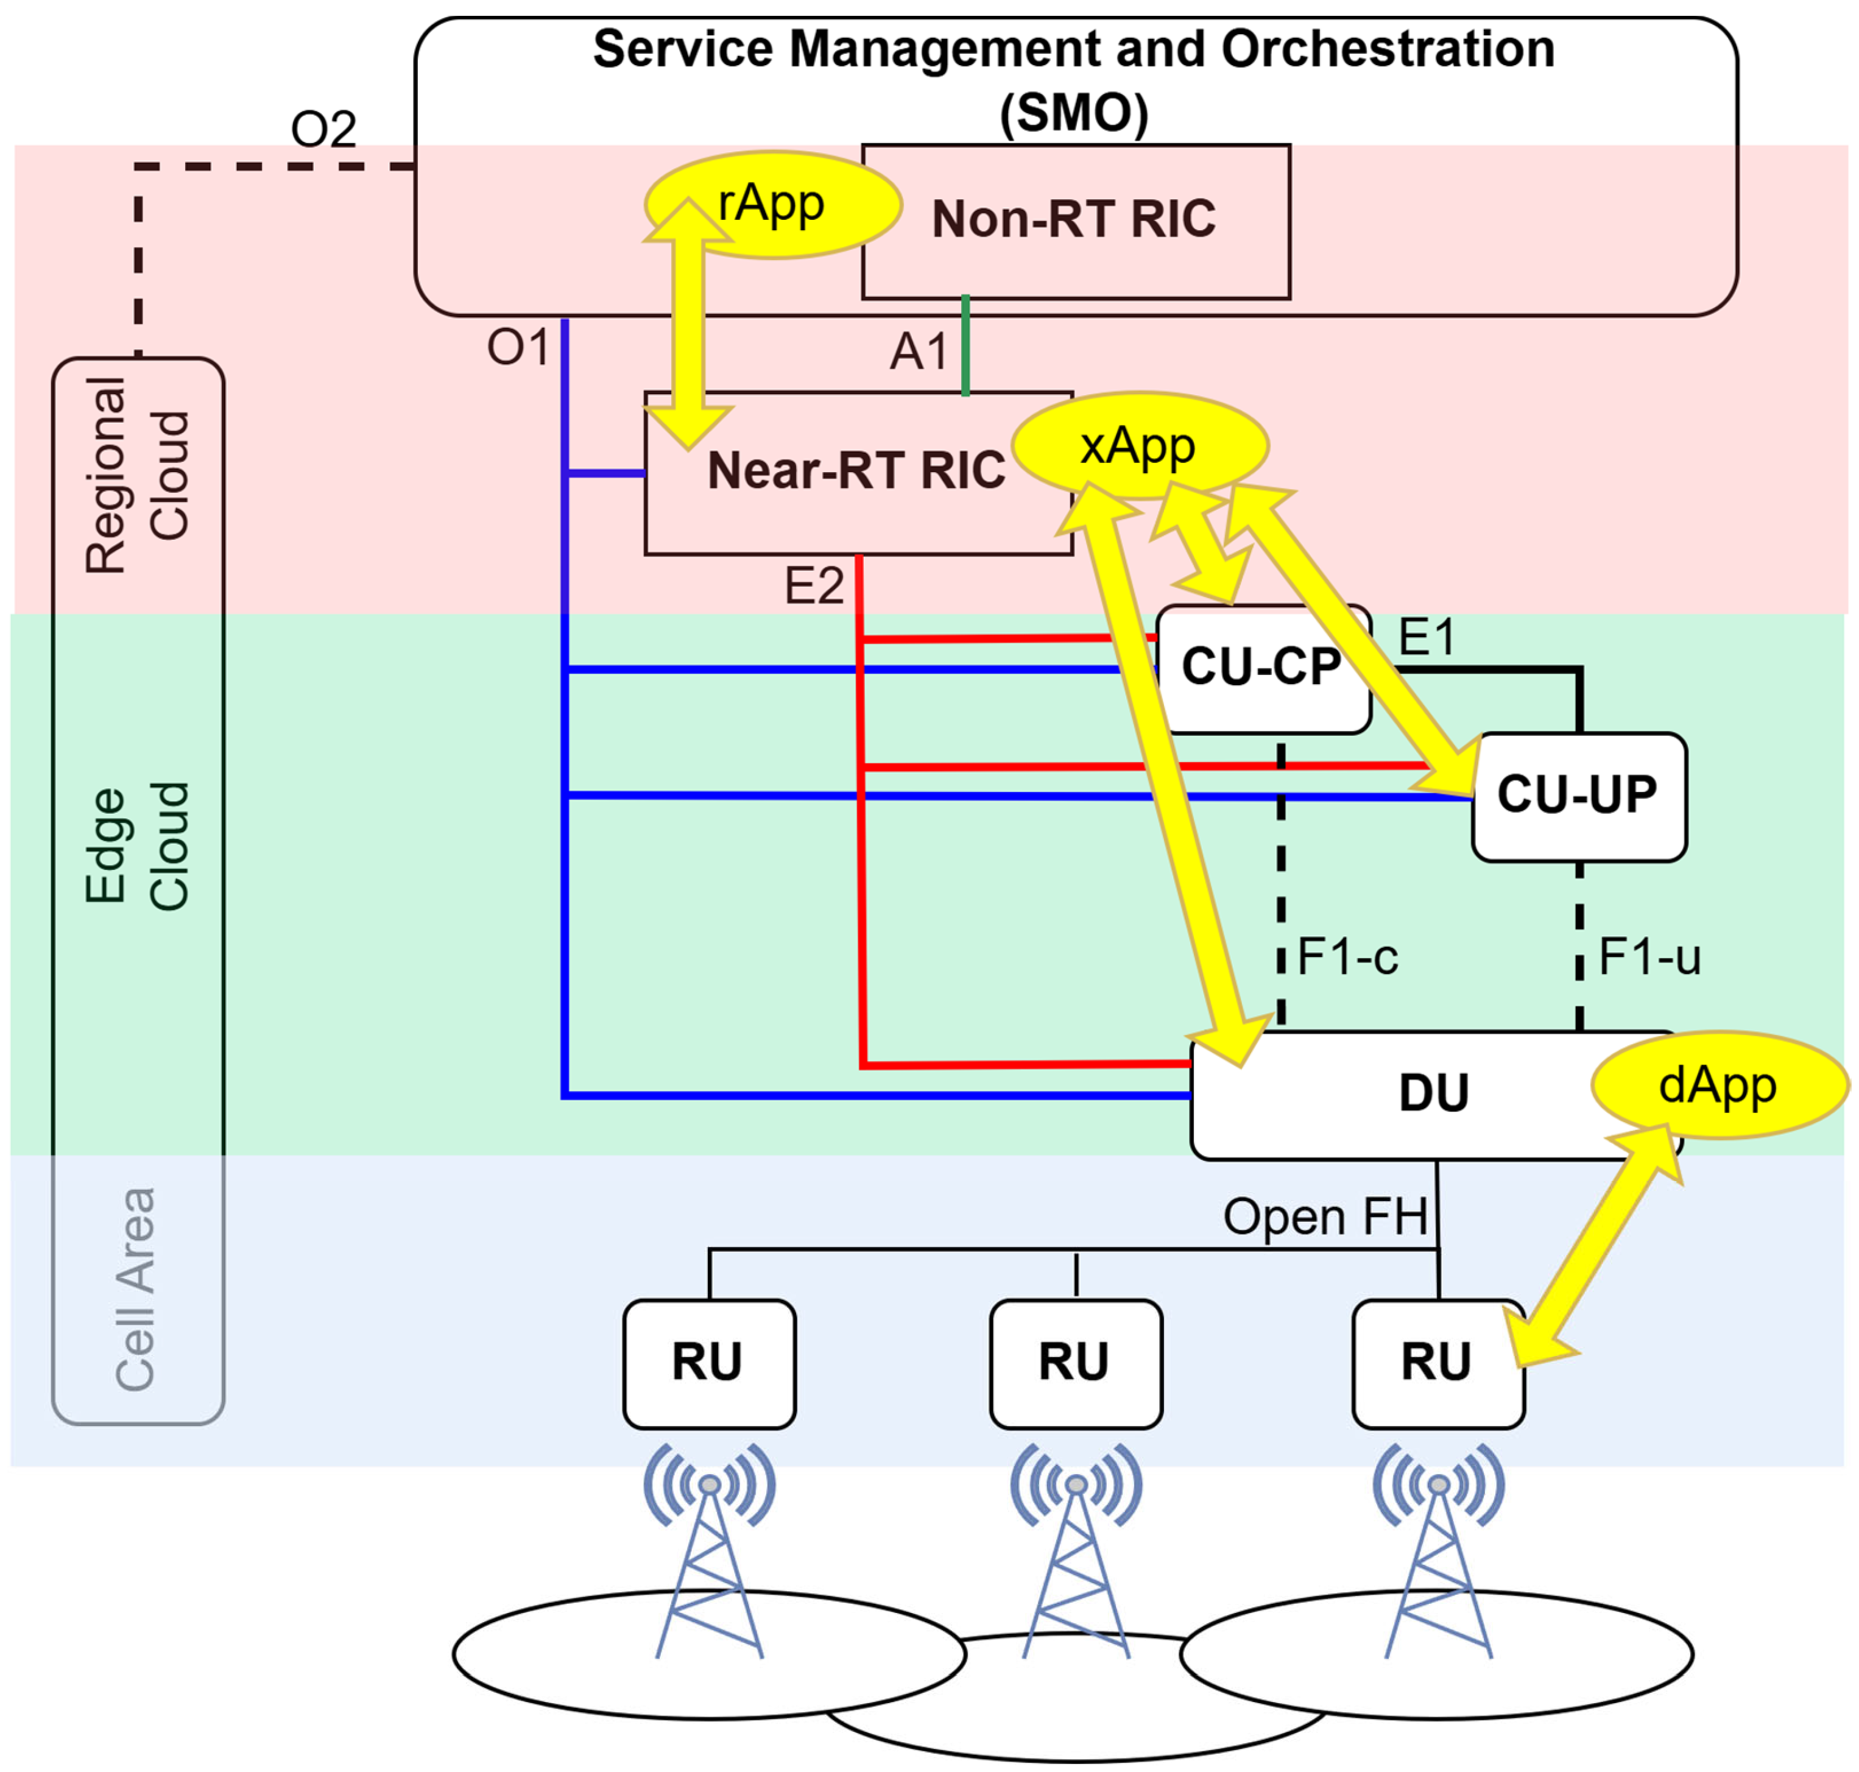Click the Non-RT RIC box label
(x=1073, y=219)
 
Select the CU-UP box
(x=1578, y=796)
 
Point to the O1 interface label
(x=518, y=348)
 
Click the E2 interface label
(x=813, y=585)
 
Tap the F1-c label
(x=1347, y=957)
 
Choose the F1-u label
(x=1649, y=957)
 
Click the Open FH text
(x=1324, y=1216)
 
